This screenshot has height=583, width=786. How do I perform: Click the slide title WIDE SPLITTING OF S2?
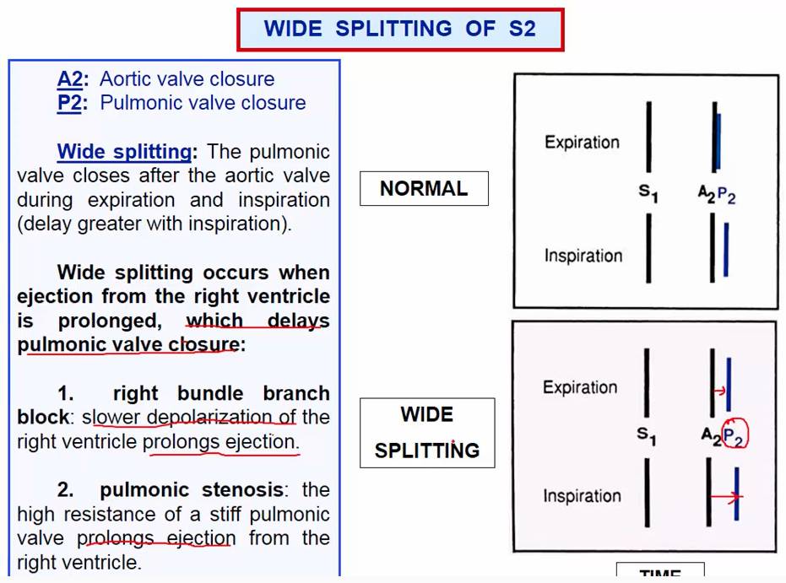click(399, 29)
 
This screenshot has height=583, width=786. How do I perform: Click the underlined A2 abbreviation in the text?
click(71, 79)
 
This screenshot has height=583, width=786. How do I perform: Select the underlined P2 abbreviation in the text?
click(71, 103)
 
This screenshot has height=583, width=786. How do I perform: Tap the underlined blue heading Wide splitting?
click(124, 152)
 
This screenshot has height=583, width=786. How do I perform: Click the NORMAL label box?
click(424, 188)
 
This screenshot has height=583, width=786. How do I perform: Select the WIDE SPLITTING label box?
click(427, 433)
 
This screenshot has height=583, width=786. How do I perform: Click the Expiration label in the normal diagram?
click(582, 142)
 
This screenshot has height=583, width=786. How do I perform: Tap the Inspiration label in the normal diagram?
click(583, 255)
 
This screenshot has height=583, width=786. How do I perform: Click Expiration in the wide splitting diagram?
click(580, 387)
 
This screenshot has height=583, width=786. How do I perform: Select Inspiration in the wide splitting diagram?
click(582, 496)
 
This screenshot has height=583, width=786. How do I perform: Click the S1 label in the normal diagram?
click(648, 193)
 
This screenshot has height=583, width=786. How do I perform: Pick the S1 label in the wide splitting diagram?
click(647, 435)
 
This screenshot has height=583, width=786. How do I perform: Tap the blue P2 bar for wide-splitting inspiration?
click(737, 494)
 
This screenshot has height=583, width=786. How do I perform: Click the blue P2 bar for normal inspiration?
click(725, 250)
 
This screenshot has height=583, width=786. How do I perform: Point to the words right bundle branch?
click(220, 393)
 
